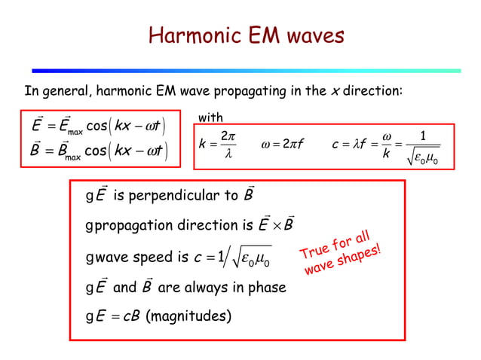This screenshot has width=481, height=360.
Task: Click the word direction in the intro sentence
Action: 372,92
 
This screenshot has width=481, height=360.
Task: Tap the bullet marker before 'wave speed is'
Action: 88,258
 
